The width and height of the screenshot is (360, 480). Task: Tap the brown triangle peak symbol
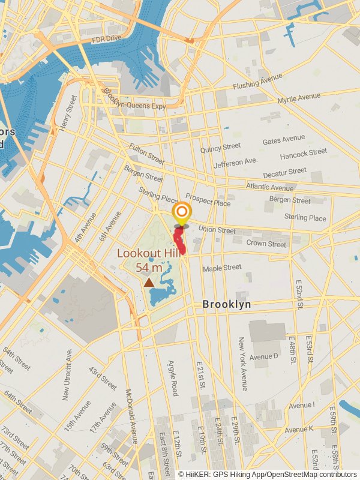148,281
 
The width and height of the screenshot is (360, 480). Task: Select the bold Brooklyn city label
226,305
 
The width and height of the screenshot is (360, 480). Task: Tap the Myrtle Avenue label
299,98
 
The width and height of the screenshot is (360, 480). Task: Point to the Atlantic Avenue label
270,187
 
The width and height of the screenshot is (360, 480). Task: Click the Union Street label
217,229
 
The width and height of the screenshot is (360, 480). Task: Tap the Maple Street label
222,268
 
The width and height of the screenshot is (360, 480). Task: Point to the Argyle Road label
173,378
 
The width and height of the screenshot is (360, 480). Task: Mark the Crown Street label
266,244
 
